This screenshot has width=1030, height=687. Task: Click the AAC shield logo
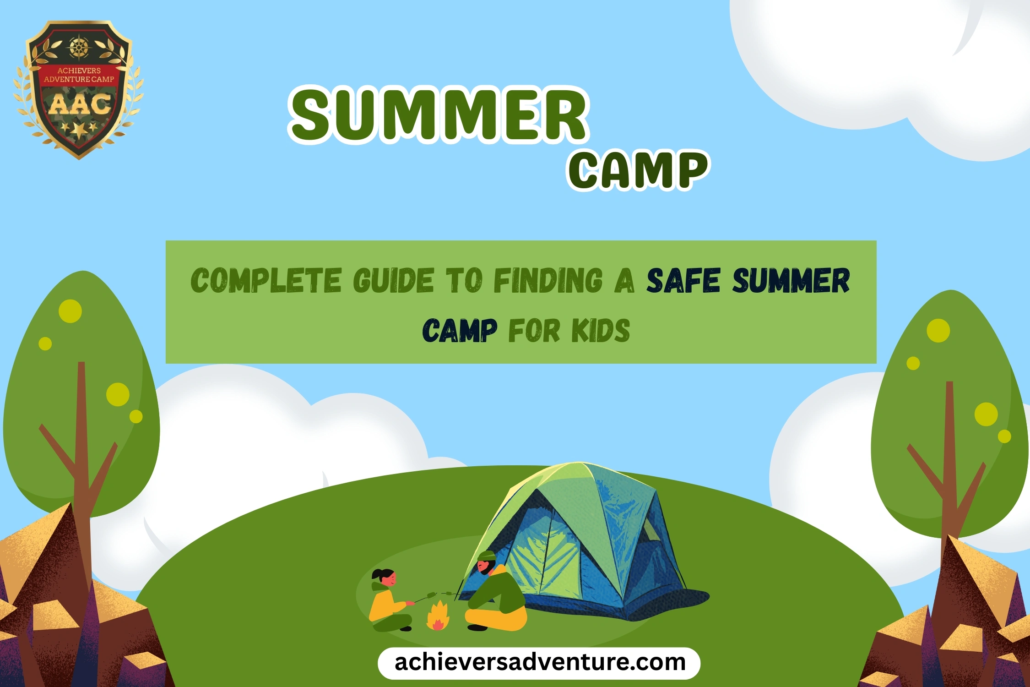(79, 89)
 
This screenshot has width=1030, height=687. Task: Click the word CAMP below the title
(639, 169)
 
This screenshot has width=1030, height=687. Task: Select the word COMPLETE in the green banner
(266, 280)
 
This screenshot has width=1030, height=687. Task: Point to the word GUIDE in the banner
(393, 280)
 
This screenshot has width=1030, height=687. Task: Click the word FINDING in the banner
(548, 280)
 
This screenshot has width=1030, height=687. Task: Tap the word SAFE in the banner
(683, 280)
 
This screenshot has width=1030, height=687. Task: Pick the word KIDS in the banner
(601, 331)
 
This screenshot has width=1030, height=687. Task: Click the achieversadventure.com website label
(539, 663)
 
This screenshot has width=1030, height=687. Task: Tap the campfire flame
(438, 616)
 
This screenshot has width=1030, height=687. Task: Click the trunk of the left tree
(82, 458)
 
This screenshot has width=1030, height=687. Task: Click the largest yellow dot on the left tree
(70, 311)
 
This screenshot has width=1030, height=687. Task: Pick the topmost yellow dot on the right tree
(938, 330)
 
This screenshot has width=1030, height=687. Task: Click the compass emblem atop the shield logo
(79, 47)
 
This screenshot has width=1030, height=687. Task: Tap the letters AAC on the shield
(80, 104)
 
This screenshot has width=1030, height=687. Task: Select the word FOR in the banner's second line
(534, 331)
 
